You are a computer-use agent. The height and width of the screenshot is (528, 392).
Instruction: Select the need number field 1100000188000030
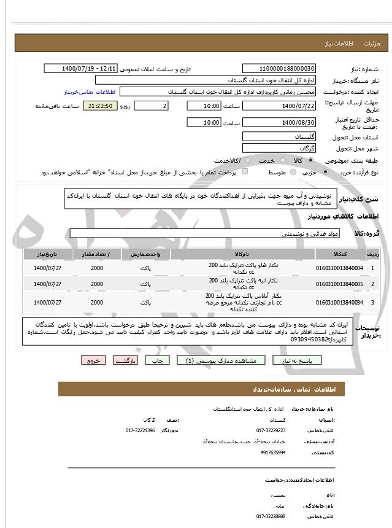[x=279, y=68]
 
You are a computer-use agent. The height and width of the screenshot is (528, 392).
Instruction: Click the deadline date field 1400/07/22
[x=279, y=106]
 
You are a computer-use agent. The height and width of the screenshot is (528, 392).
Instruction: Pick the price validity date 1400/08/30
[x=279, y=123]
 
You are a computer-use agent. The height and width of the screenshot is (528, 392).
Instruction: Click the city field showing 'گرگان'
[x=279, y=148]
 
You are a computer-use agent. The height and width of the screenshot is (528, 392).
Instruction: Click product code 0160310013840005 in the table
[x=339, y=284]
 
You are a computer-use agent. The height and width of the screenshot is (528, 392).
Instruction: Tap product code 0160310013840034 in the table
[x=339, y=302]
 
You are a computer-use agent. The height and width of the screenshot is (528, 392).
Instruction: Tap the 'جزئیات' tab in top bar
[x=372, y=44]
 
